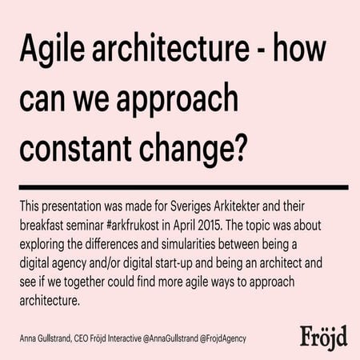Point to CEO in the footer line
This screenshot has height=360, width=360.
coord(83,338)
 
